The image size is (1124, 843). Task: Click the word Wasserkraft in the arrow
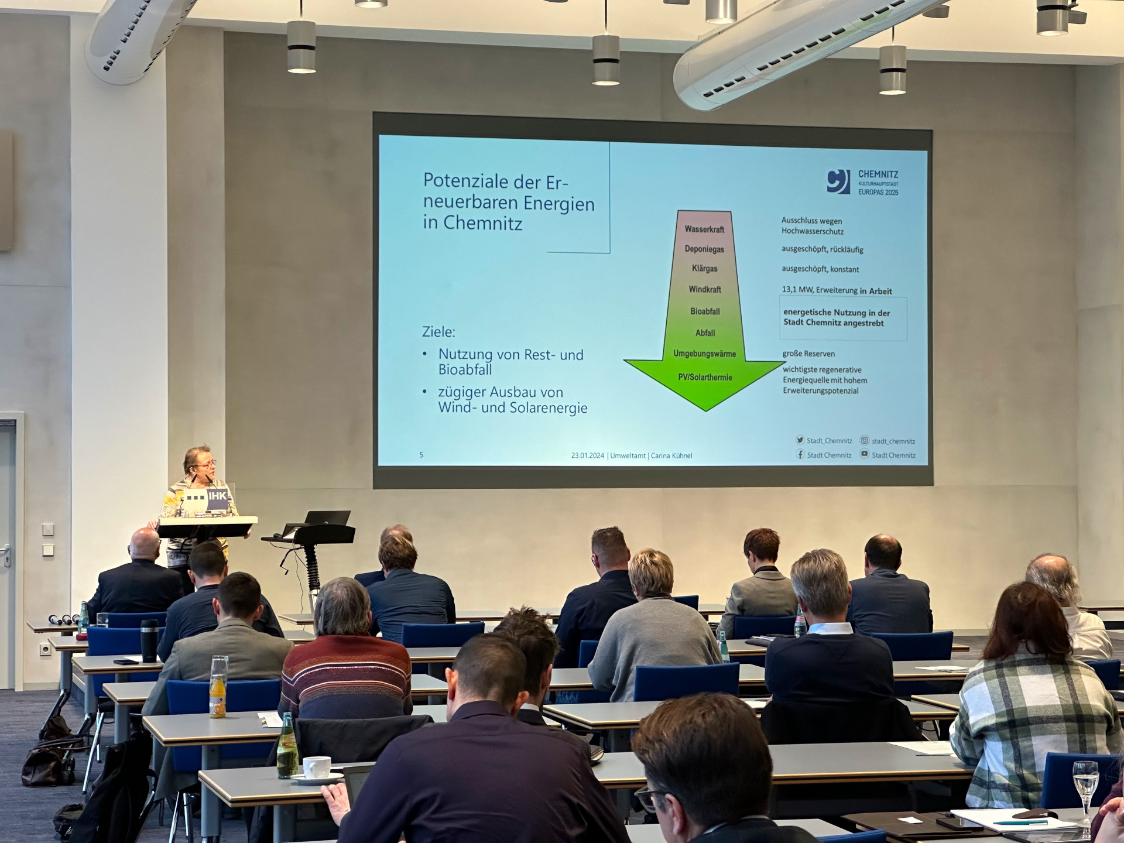pos(704,229)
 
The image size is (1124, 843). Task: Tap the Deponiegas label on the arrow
pos(704,249)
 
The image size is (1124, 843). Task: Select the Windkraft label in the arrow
pos(705,289)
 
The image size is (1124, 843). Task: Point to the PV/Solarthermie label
pos(705,378)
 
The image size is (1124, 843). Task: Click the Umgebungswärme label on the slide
pos(704,354)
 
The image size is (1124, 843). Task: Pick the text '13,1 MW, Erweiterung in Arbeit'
pos(837,290)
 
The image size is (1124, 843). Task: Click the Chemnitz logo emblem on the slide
pos(838,181)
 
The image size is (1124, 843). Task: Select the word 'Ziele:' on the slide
pos(438,332)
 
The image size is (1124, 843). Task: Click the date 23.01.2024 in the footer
pos(587,455)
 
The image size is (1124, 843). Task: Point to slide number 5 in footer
pos(421,455)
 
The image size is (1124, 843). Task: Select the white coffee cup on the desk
pos(316,768)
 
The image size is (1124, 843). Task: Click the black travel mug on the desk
pos(149,641)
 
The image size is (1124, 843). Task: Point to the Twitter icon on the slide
pos(800,440)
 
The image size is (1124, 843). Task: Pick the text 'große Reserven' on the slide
pos(808,354)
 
